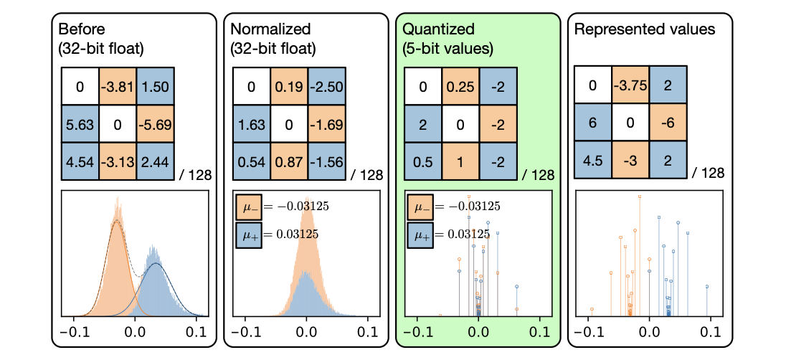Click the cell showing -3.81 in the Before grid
point(117,87)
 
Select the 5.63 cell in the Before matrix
point(80,124)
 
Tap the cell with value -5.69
point(154,124)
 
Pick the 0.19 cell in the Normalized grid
point(288,87)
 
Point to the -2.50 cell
point(326,87)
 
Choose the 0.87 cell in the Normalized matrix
point(288,161)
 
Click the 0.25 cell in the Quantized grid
point(460,87)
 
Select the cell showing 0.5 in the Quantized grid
point(423,161)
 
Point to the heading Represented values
point(645,29)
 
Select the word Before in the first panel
point(81,29)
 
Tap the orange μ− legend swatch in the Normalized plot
point(247,207)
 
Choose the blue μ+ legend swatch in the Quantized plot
point(420,234)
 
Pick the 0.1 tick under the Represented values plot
point(710,333)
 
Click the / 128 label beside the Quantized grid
point(538,175)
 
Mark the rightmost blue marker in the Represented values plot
point(706,286)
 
